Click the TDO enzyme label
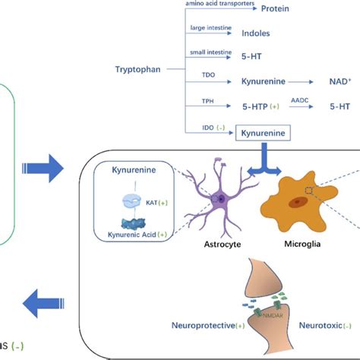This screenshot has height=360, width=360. pos(207,75)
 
